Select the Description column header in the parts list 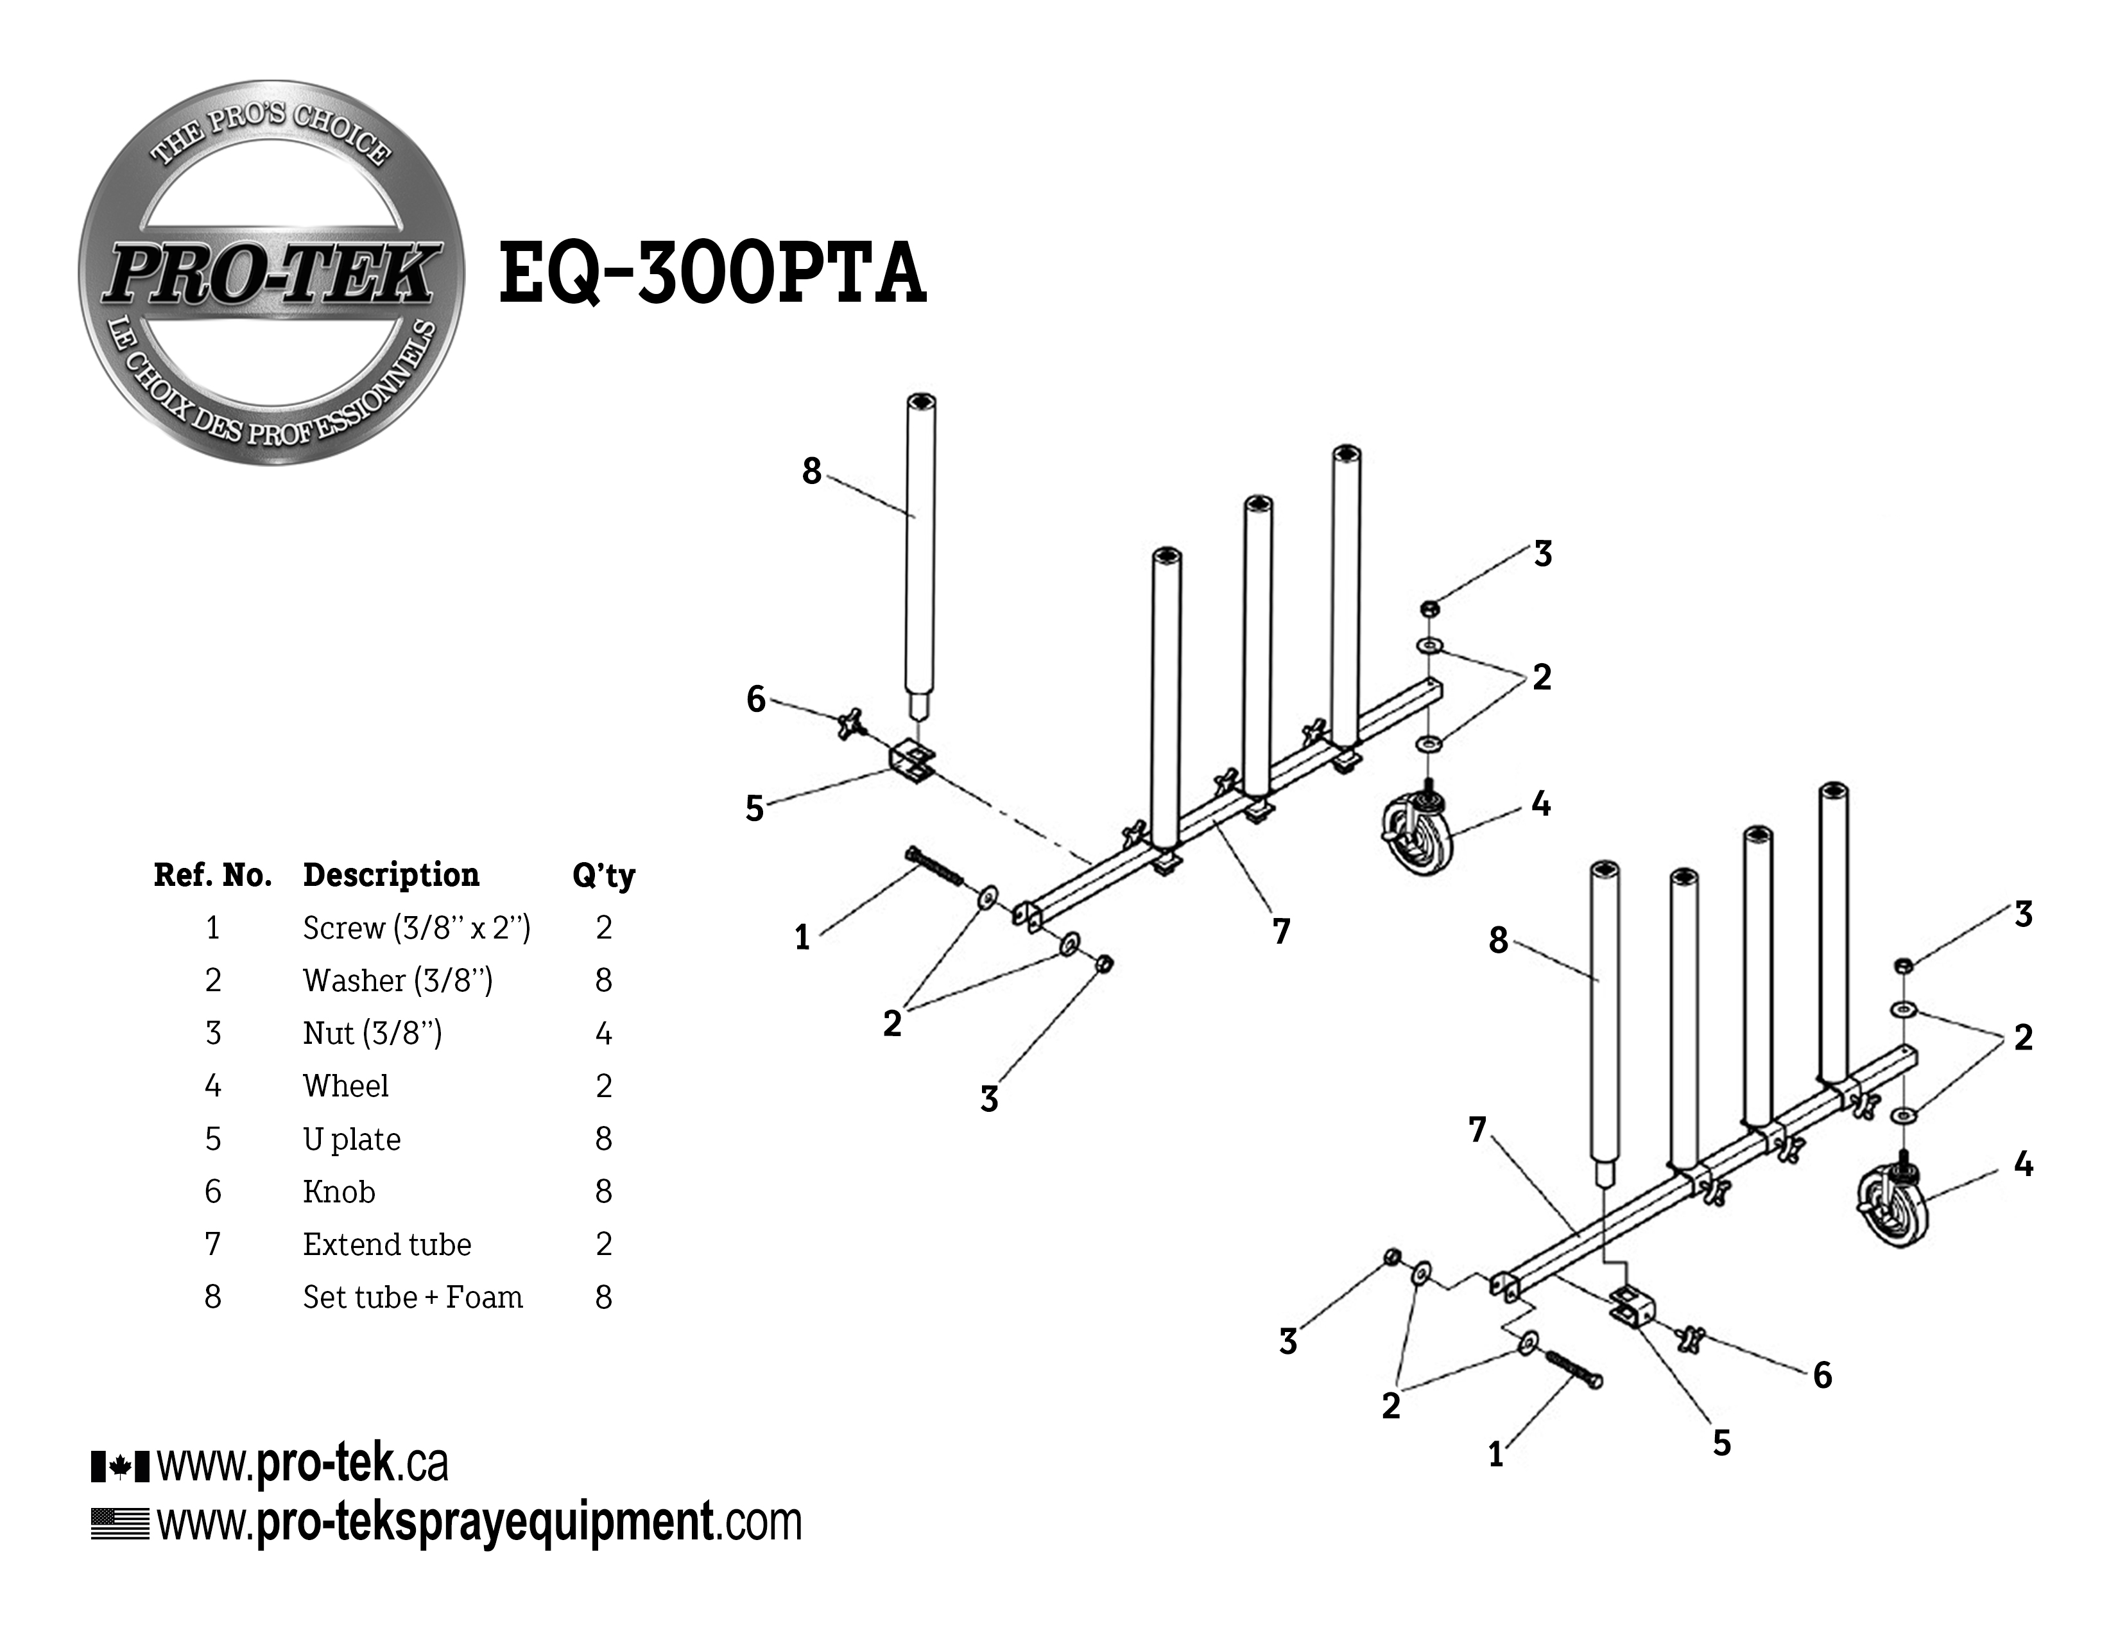(391, 875)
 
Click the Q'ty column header (603, 876)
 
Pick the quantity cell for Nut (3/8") (603, 1034)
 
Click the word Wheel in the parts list (345, 1086)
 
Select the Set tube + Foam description (412, 1297)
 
